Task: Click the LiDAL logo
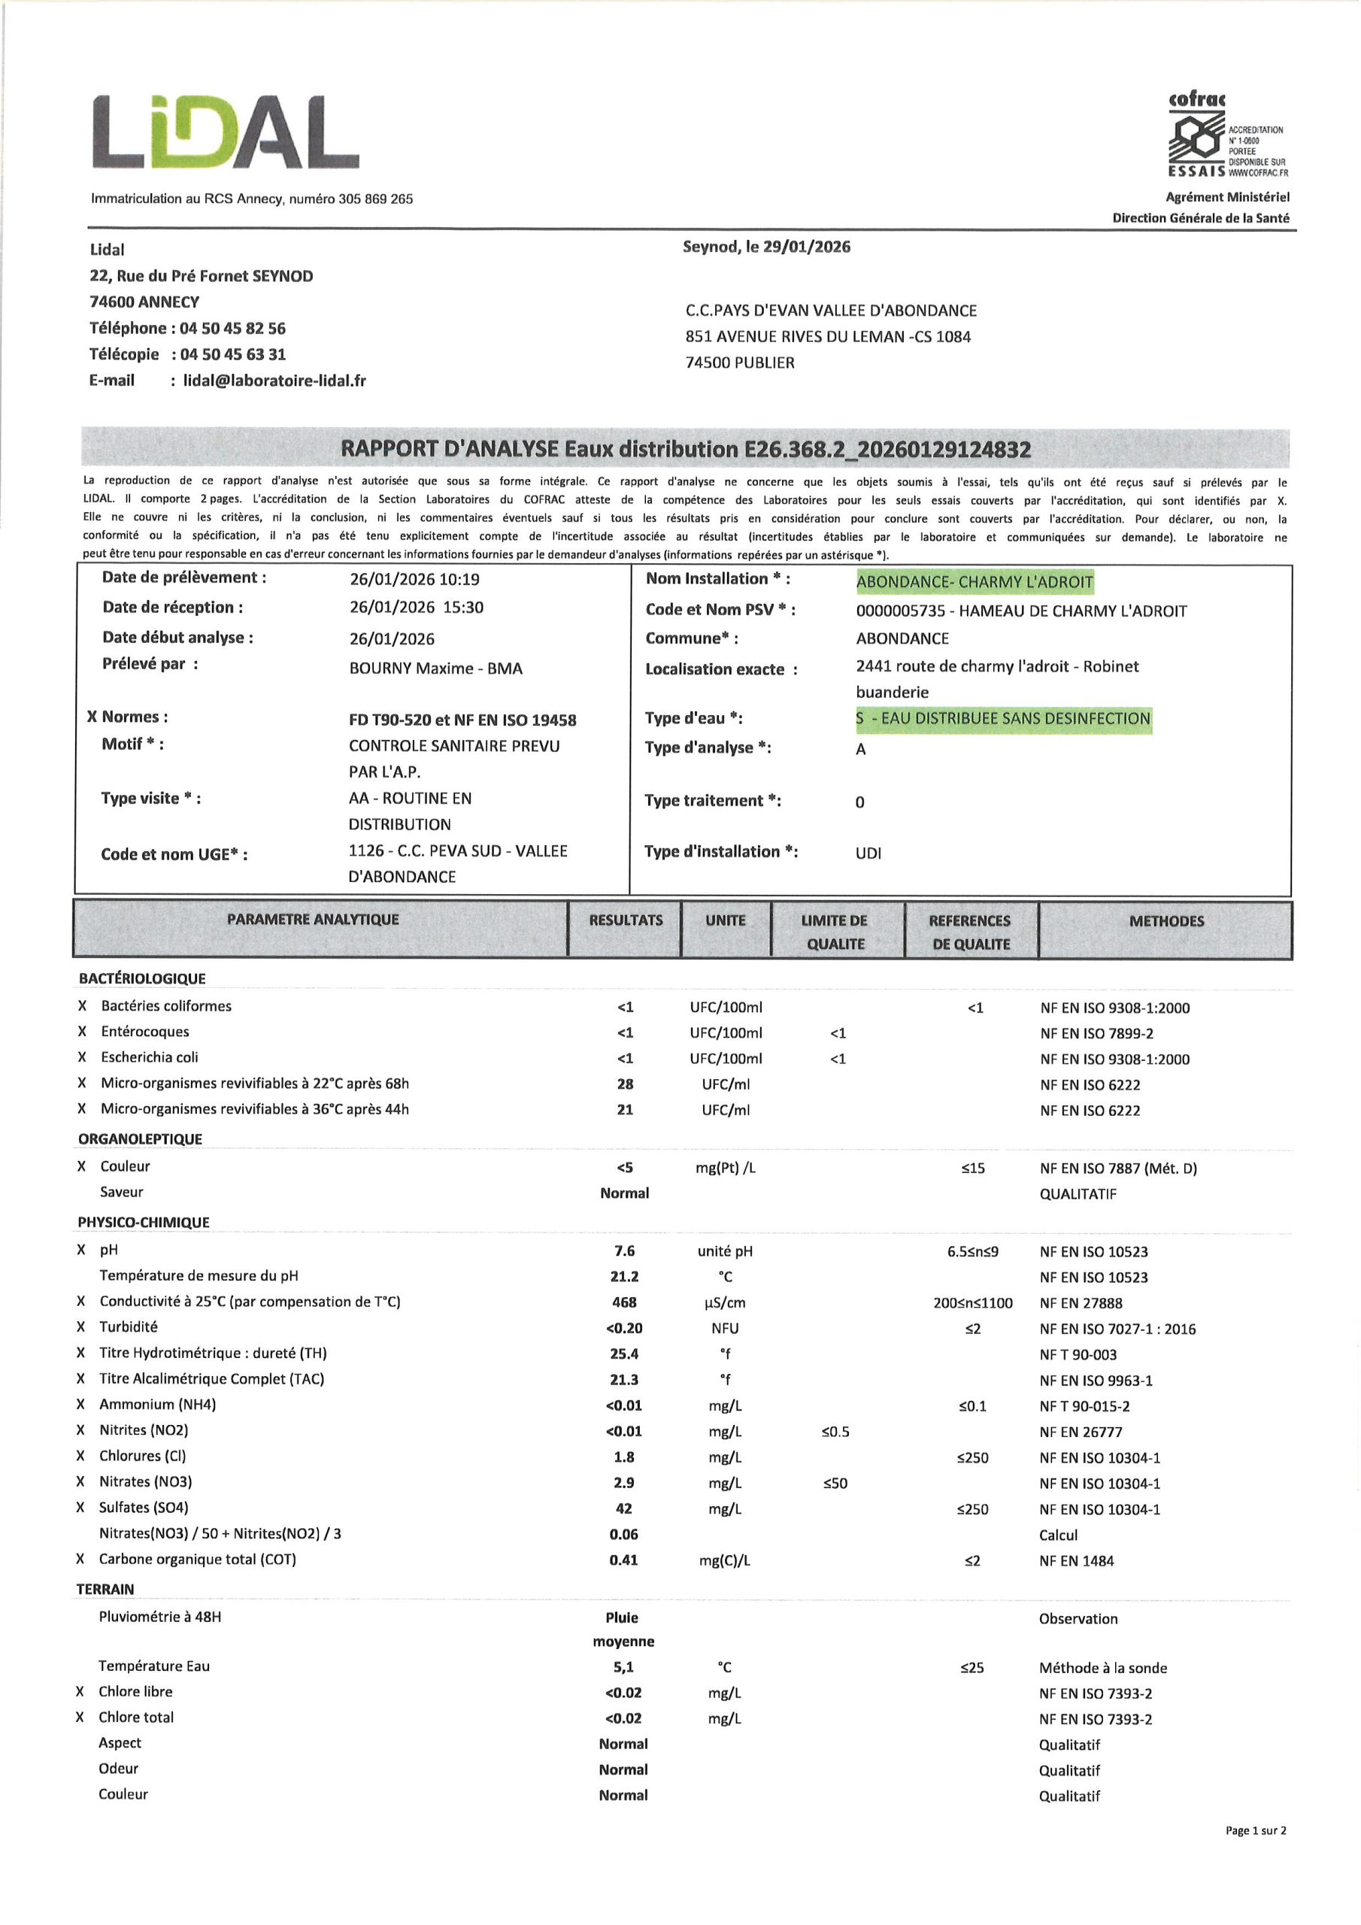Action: [x=225, y=132]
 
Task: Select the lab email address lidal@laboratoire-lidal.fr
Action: [x=274, y=380]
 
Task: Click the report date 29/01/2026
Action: [x=806, y=247]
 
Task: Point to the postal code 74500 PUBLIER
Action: [x=740, y=363]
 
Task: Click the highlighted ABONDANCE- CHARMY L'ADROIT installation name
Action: [x=975, y=582]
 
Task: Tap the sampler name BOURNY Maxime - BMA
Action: [x=435, y=668]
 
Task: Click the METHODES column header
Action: [x=1165, y=921]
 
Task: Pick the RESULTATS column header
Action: [x=625, y=920]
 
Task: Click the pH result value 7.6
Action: [x=624, y=1251]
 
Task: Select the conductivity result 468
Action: [x=624, y=1302]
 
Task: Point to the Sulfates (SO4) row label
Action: [x=144, y=1508]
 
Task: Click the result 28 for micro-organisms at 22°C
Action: [x=625, y=1084]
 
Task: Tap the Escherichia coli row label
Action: [x=150, y=1057]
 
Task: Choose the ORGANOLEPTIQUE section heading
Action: [x=140, y=1138]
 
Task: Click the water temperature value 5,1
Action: [x=623, y=1668]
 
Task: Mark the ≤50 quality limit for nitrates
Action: [x=835, y=1483]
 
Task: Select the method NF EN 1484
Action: [x=1076, y=1560]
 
